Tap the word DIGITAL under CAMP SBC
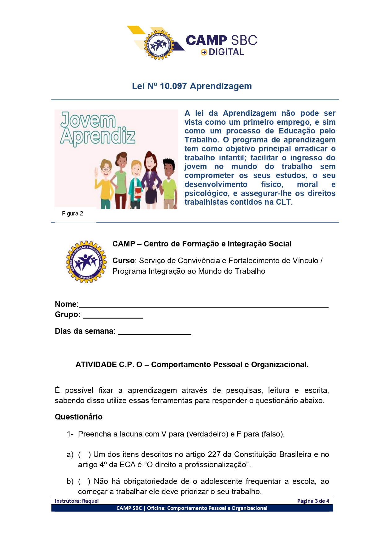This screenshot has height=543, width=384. click(x=226, y=52)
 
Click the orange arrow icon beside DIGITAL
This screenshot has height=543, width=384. click(x=204, y=52)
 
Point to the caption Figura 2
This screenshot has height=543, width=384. click(x=72, y=214)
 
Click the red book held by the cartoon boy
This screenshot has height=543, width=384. click(x=138, y=193)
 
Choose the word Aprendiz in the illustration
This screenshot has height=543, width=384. click(x=98, y=136)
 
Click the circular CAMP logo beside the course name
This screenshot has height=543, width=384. click(x=86, y=262)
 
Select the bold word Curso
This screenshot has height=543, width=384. click(x=123, y=261)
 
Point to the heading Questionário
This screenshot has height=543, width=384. click(x=79, y=417)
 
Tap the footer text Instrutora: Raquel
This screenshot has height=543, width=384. click(x=77, y=501)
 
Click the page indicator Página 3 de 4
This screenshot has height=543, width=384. click(x=313, y=501)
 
